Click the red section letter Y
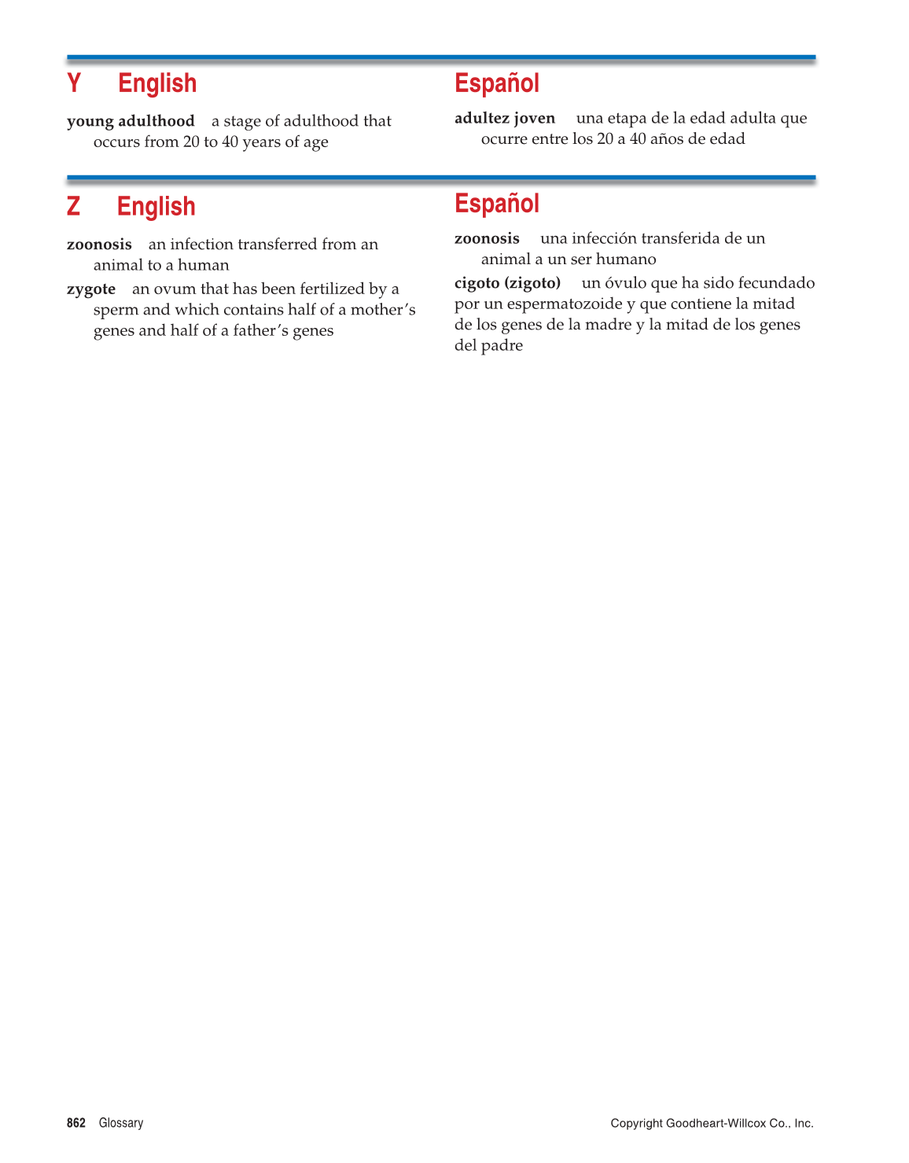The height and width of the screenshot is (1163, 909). tap(74, 83)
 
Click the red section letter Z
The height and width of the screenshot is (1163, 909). tap(73, 206)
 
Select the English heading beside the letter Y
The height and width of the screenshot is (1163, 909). tap(157, 83)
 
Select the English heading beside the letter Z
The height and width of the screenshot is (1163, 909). tap(156, 207)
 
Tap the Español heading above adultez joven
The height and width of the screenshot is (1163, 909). tap(497, 83)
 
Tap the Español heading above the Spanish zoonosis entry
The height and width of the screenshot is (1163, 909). tap(497, 204)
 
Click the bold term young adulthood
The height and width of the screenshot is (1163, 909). tap(131, 121)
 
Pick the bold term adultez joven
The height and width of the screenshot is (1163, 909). tap(505, 118)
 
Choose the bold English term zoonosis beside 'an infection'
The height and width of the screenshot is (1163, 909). tap(99, 245)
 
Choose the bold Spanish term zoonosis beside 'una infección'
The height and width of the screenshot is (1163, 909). tap(487, 238)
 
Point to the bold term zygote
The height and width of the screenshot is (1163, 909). tap(91, 289)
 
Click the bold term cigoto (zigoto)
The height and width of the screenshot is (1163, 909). tap(507, 283)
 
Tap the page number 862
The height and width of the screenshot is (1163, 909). tap(76, 1123)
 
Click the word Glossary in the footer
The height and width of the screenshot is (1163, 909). tap(121, 1123)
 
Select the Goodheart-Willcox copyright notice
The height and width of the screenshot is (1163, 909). tap(712, 1123)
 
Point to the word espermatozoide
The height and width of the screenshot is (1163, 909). tap(564, 304)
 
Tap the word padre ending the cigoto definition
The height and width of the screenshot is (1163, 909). tap(504, 346)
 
